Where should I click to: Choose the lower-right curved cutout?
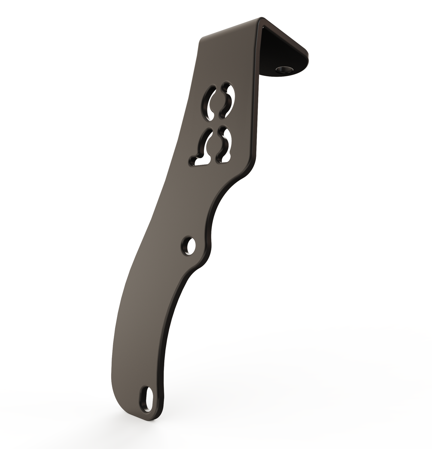click(x=225, y=146)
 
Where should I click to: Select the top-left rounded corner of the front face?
click(x=204, y=40)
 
